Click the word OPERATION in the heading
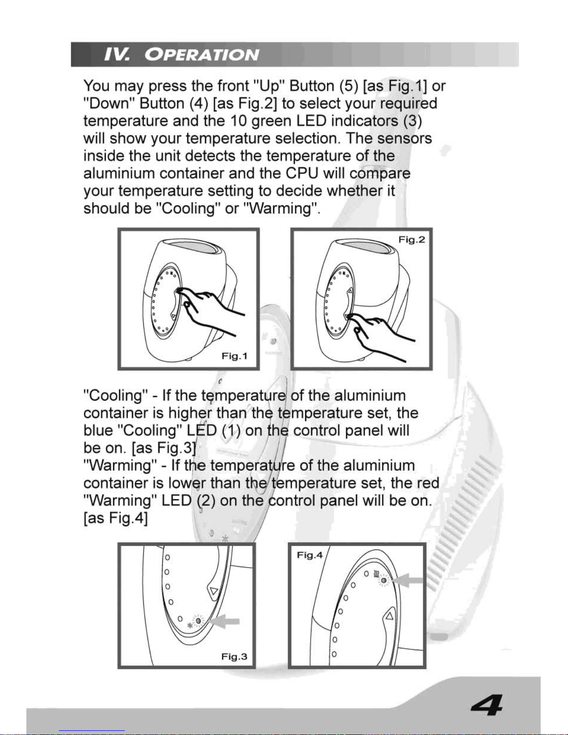pos(202,55)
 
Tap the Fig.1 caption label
pos(234,356)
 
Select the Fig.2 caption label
pos(411,240)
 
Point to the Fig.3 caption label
pos(234,657)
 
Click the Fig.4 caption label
pos(310,555)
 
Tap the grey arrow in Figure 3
pos(225,621)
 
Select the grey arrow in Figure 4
pos(408,581)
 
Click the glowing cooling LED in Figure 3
pos(198,620)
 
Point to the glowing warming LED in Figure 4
pos(383,581)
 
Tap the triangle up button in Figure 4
pos(389,616)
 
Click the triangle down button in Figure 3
pos(214,591)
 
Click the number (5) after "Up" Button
pos(348,86)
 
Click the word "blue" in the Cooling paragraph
pos(98,431)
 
